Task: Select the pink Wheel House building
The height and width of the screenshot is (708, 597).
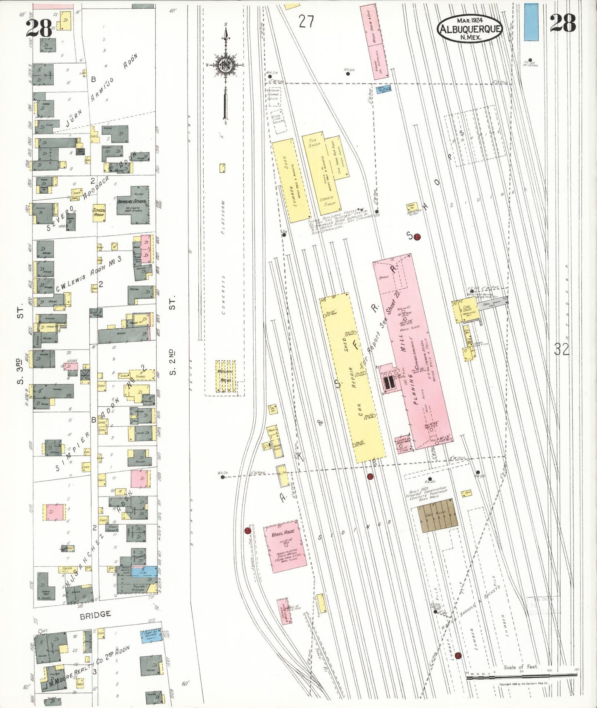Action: (281, 546)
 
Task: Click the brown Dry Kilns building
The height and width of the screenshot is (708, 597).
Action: (438, 514)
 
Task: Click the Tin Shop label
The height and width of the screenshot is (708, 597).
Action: (315, 143)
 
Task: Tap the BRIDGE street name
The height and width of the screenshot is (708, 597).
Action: (95, 614)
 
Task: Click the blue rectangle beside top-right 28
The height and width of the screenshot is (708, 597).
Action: (531, 22)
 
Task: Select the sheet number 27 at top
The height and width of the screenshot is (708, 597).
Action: (306, 21)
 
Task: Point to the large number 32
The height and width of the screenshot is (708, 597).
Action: (562, 350)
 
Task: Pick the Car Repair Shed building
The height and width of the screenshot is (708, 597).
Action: (354, 377)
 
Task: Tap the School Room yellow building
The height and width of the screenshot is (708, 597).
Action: (99, 213)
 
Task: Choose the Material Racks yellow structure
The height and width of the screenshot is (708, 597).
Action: (226, 376)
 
